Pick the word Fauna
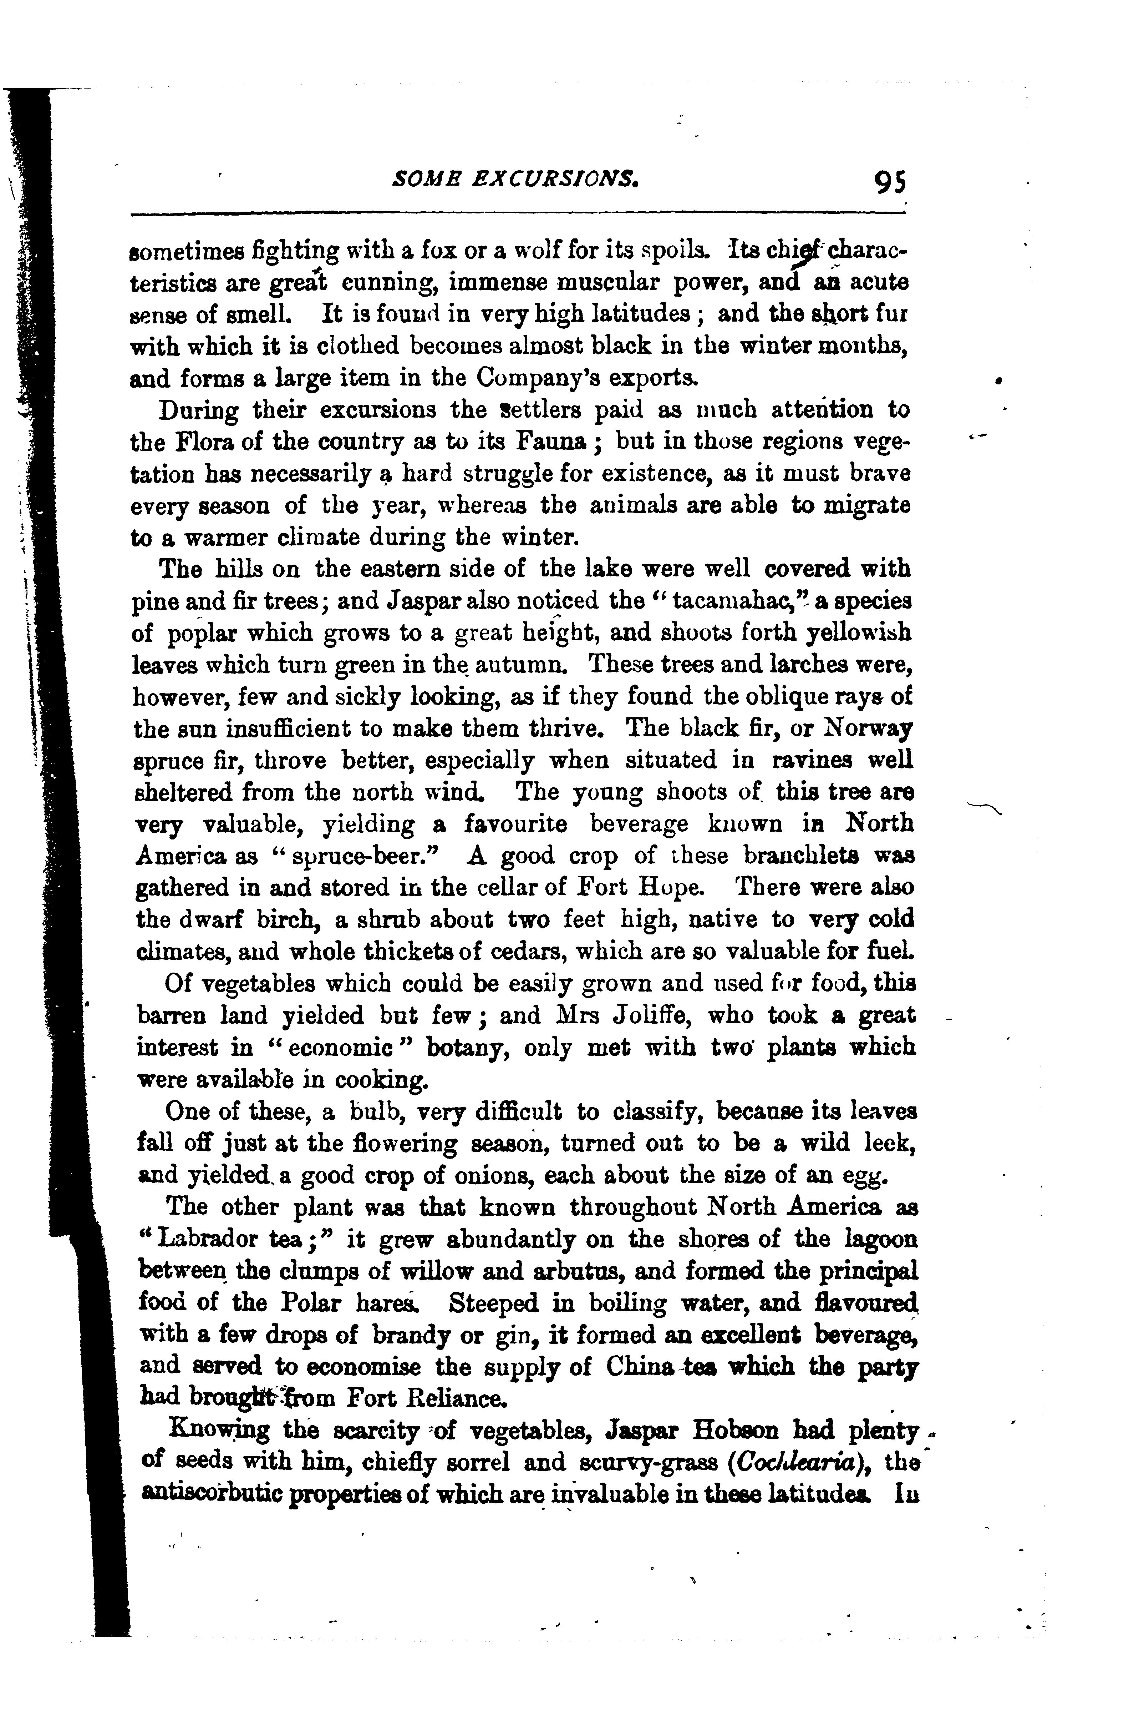552,442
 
